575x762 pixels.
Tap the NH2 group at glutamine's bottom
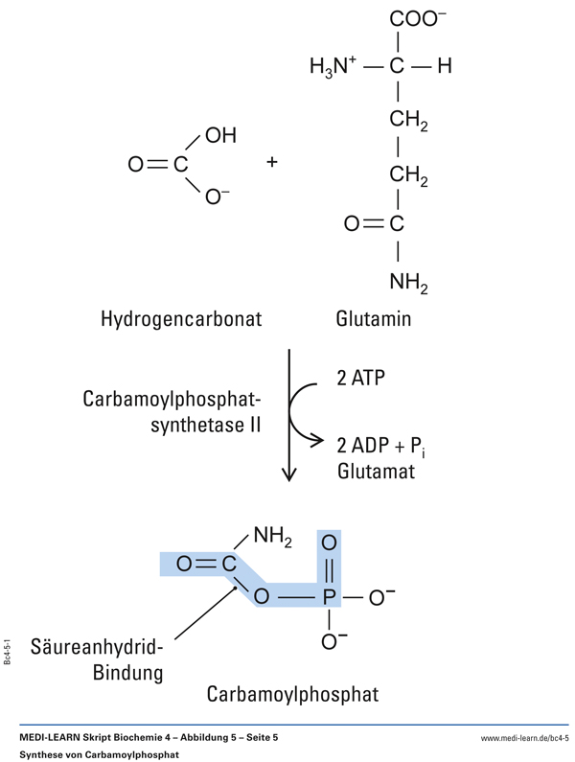pos(408,282)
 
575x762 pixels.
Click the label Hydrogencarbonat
pos(181,318)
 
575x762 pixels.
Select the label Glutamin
pos(374,318)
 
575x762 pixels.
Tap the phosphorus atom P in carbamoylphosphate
pos(329,599)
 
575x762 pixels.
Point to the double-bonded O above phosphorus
pos(329,543)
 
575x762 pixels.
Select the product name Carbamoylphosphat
pos(293,692)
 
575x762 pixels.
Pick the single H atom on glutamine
pos(443,67)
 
